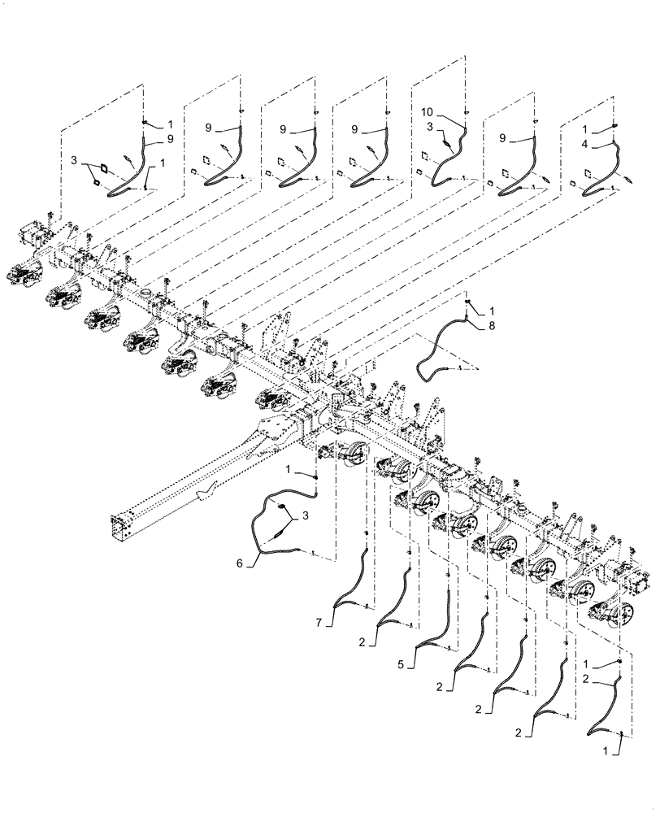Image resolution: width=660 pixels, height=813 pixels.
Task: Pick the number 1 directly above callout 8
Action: (x=492, y=311)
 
